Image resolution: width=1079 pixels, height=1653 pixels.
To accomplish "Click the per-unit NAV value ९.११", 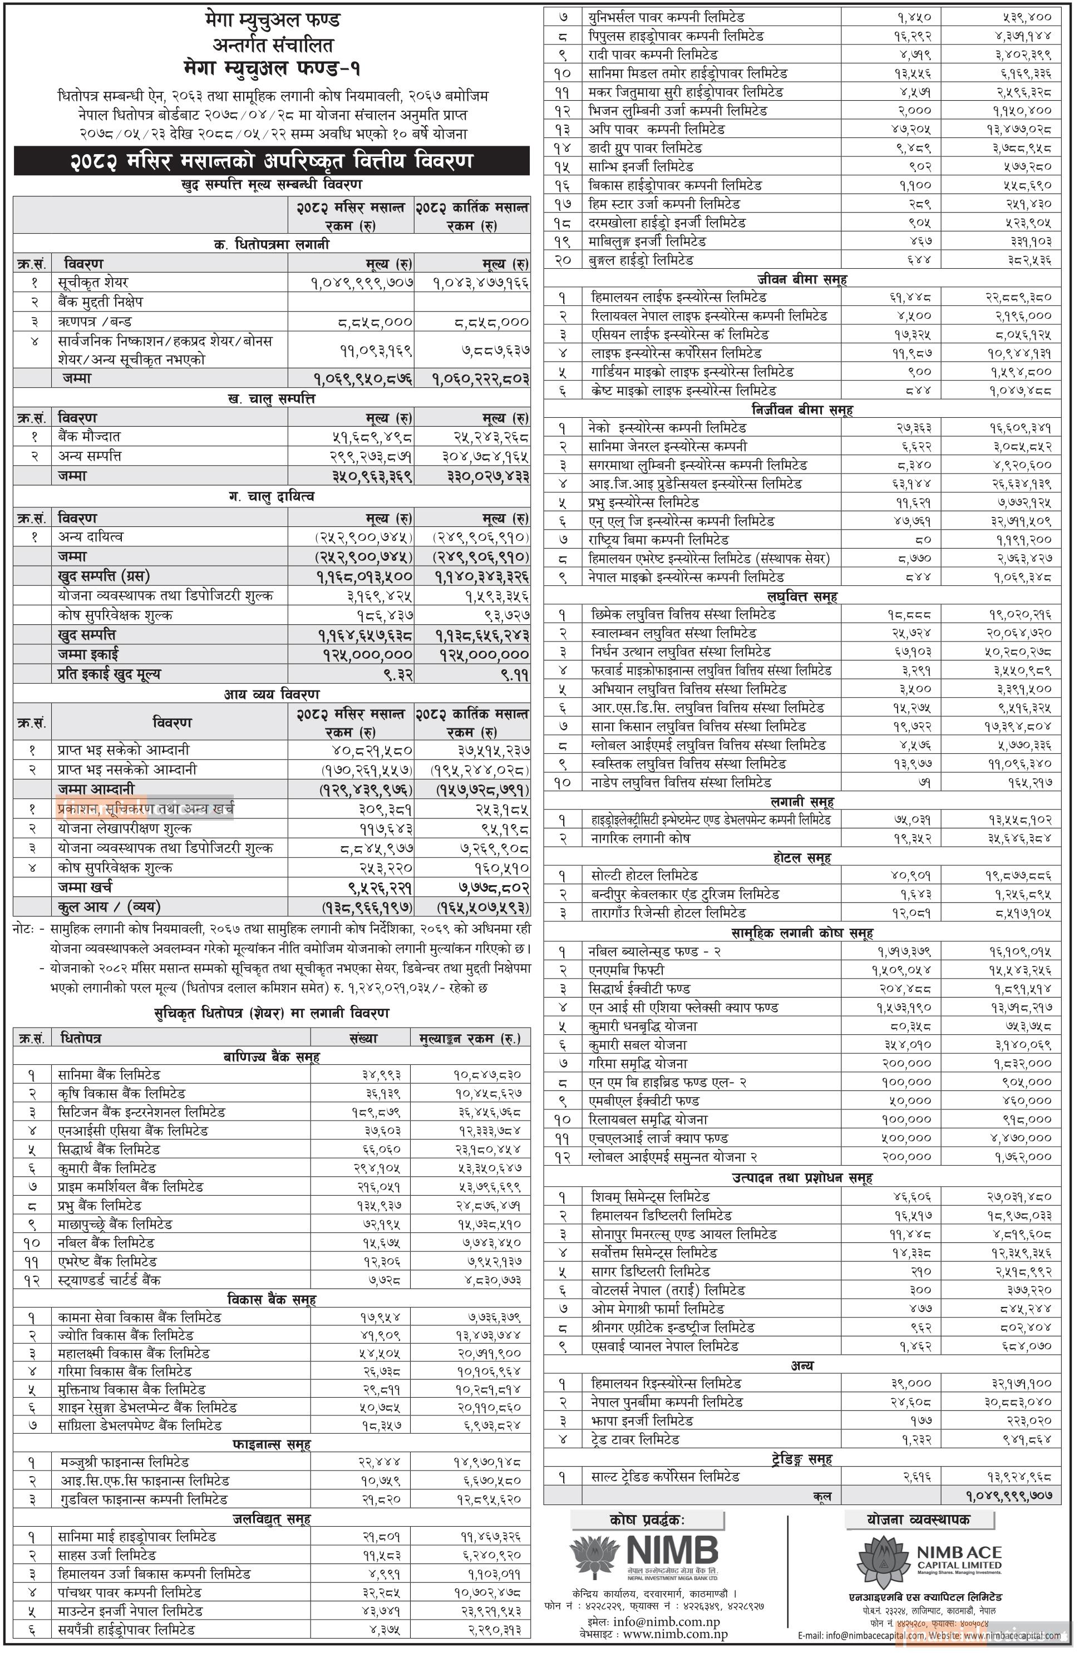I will click(515, 674).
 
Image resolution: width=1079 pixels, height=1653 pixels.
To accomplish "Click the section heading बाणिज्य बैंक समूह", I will click(272, 1057).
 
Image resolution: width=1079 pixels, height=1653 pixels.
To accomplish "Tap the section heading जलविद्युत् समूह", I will click(272, 1519).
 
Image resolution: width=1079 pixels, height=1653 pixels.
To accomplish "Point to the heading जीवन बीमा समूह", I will click(802, 279).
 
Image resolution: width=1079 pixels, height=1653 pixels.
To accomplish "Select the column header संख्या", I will click(363, 1038).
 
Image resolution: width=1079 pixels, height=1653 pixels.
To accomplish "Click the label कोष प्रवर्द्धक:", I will click(647, 1521).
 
